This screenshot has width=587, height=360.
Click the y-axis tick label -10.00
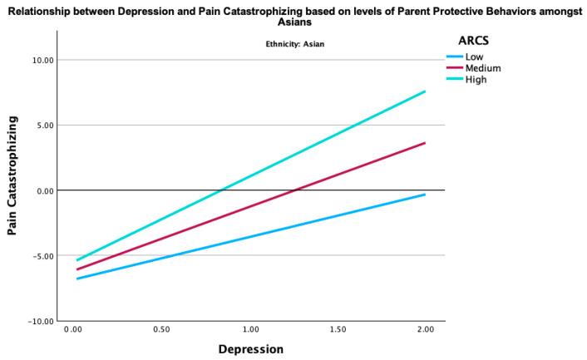40,321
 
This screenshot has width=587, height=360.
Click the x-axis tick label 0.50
162,331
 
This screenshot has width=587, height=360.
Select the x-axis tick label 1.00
249,331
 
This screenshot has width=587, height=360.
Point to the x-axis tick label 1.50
338,331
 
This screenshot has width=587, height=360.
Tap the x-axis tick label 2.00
425,331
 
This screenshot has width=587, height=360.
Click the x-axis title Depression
250,349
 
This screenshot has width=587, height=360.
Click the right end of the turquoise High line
425,91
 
